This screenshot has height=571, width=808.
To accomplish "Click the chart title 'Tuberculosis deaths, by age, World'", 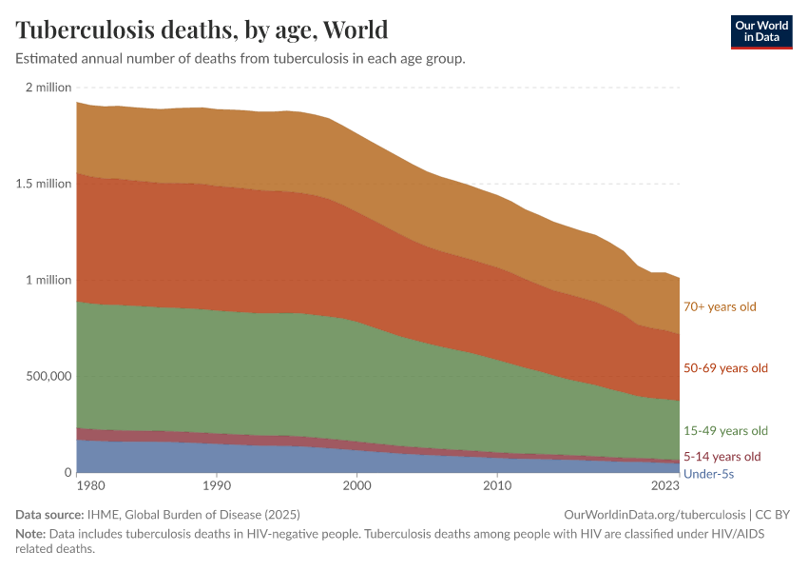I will pyautogui.click(x=202, y=30).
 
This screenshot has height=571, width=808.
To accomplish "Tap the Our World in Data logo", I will pyautogui.click(x=760, y=31).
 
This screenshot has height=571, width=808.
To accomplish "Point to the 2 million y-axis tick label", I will pyautogui.click(x=48, y=88).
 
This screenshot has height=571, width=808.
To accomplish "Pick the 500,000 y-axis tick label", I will pyautogui.click(x=48, y=376).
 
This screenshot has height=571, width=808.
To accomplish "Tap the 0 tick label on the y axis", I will pyautogui.click(x=67, y=472).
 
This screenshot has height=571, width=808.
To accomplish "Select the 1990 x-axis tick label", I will pyautogui.click(x=217, y=485).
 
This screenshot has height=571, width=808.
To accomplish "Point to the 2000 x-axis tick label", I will pyautogui.click(x=357, y=485).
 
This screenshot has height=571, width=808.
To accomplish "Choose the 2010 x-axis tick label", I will pyautogui.click(x=497, y=485).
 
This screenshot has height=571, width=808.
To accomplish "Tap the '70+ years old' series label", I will pyautogui.click(x=720, y=306).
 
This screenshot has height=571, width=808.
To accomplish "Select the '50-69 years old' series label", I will pyautogui.click(x=725, y=367).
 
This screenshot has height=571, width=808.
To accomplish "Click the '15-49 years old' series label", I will pyautogui.click(x=725, y=431).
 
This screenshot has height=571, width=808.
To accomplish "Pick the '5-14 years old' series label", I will pyautogui.click(x=722, y=456).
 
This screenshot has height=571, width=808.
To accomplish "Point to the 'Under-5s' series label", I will pyautogui.click(x=708, y=473).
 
